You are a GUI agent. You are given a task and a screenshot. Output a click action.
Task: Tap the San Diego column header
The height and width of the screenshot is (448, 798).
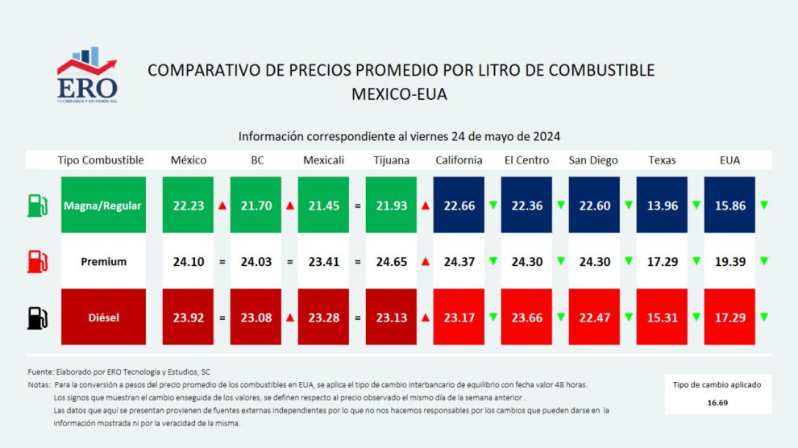pos(594,160)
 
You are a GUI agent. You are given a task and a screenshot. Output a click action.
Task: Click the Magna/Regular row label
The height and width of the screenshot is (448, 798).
pos(102,205)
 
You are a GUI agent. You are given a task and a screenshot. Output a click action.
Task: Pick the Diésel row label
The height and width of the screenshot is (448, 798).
pos(102,317)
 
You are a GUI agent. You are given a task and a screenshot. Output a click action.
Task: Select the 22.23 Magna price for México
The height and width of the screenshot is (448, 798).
pos(189,205)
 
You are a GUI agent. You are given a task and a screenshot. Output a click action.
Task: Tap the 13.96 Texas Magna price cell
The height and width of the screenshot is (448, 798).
pos(662,205)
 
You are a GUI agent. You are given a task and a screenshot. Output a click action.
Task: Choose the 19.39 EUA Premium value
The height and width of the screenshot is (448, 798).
pos(729,262)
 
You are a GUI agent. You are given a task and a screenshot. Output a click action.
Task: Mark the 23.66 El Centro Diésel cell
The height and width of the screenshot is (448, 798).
pos(526,317)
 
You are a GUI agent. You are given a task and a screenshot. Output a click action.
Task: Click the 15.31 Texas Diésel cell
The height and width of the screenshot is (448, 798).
pos(662,317)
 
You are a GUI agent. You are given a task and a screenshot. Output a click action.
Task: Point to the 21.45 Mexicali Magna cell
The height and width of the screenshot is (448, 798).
pos(324,205)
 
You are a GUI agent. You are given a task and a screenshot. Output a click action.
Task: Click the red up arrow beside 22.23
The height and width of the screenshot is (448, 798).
pos(222,205)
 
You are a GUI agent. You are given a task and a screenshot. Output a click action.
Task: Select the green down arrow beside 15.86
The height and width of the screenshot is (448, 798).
pos(763,205)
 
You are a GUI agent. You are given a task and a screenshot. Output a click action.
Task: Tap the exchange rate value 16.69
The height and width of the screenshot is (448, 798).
pos(717,402)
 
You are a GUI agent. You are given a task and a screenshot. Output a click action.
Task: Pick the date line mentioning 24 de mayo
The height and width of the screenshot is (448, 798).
pos(399,136)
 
